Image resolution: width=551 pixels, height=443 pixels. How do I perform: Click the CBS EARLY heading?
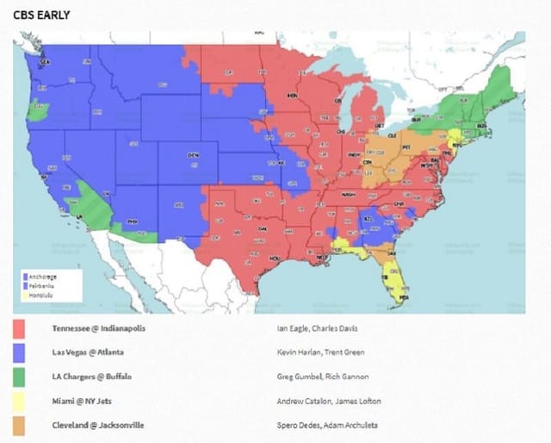pyautogui.click(x=41, y=15)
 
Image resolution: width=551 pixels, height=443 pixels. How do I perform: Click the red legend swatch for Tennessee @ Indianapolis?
pyautogui.click(x=19, y=328)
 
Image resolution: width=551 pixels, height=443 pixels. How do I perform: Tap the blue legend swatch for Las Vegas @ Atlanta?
pyautogui.click(x=19, y=352)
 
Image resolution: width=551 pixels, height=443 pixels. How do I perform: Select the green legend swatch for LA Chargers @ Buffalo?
pyautogui.click(x=19, y=377)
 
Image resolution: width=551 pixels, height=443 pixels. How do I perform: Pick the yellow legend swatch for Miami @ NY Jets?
pyautogui.click(x=19, y=401)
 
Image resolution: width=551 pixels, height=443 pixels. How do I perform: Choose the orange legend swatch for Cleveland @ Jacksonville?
pyautogui.click(x=19, y=425)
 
